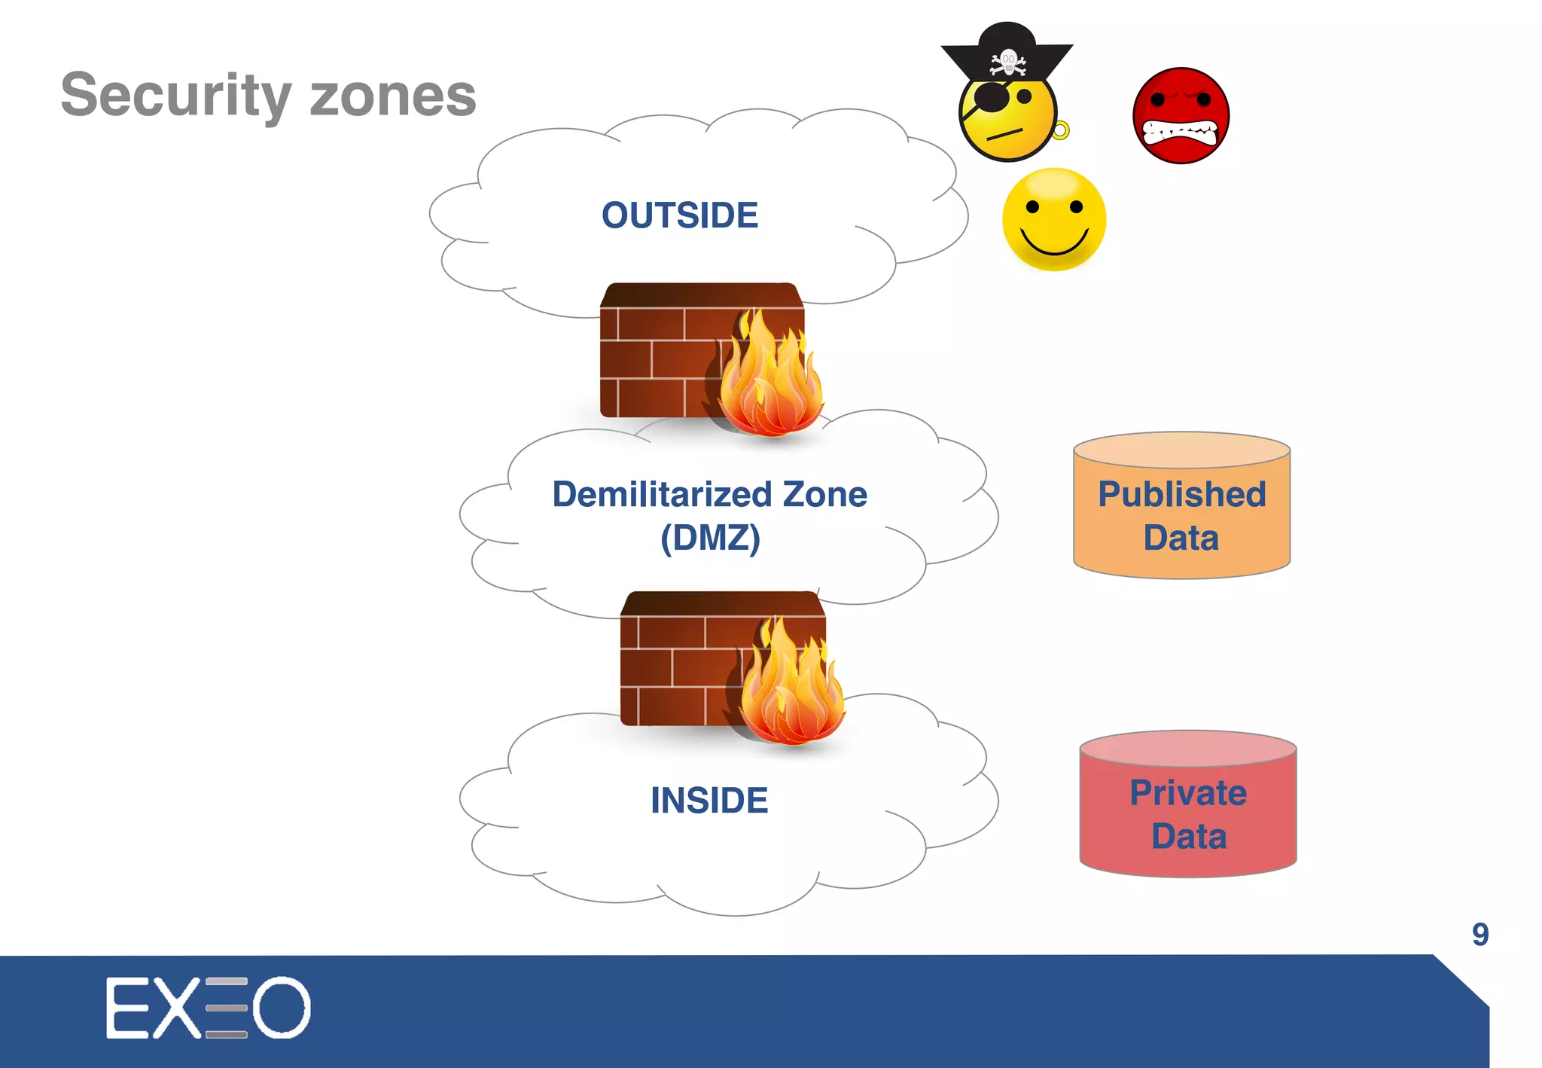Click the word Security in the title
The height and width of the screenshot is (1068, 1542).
coord(175,96)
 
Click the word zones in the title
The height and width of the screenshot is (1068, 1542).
coord(392,96)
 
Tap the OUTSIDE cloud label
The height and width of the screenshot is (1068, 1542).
coord(679,215)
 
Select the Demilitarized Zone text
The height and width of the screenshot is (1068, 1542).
coord(709,495)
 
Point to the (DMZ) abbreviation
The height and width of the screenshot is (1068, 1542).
coord(710,538)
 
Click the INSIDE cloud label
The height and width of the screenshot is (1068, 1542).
coord(709,800)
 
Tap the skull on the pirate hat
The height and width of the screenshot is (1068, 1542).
coord(1008,61)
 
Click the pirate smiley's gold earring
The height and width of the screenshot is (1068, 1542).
coord(1060,130)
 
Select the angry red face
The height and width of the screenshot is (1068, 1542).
coord(1181,115)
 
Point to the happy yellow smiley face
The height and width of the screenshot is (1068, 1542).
coord(1054,218)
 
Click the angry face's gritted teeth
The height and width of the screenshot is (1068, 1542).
coord(1180,133)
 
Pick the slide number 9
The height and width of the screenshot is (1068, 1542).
coord(1480,934)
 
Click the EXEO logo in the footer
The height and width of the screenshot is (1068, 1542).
coord(208,1008)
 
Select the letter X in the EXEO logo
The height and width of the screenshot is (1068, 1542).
coord(176,1008)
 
